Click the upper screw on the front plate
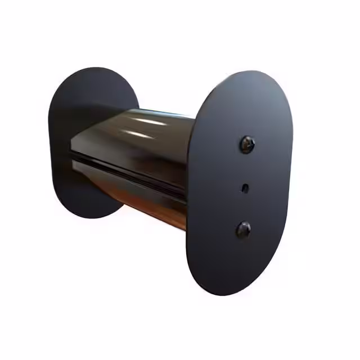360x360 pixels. pos(247,145)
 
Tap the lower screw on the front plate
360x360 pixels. pos(243,229)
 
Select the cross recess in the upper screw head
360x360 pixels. pos(247,145)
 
